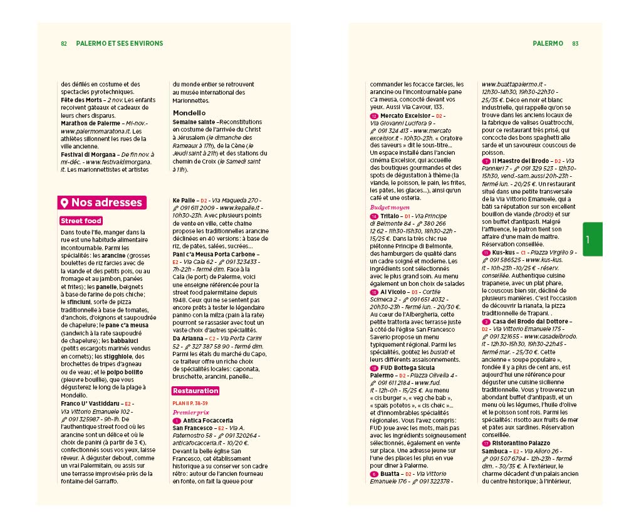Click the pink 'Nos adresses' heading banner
coord(102,203)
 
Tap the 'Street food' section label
coord(81,221)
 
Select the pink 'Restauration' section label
coord(195,391)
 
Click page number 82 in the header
coord(64,44)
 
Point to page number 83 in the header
coord(575,44)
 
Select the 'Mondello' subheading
coord(189,113)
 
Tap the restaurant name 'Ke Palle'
coord(185,201)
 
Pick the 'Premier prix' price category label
coord(190,412)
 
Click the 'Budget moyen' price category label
coord(390,207)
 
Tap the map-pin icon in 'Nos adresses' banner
coord(63,203)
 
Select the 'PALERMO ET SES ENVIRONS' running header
coord(119,44)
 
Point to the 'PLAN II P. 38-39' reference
coord(190,403)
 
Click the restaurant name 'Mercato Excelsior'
coord(405,116)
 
